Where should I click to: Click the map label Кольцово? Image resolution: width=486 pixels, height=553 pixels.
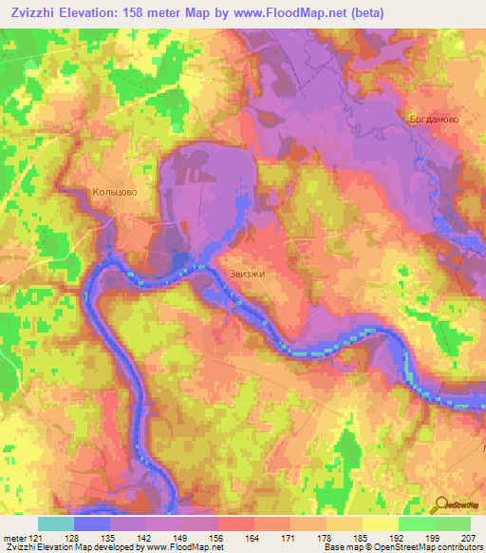click(x=115, y=192)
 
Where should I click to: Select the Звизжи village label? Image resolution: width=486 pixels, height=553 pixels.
click(x=246, y=274)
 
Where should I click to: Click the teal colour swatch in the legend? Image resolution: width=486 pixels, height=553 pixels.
click(x=55, y=524)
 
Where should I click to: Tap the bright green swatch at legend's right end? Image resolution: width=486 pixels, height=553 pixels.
click(x=453, y=524)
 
